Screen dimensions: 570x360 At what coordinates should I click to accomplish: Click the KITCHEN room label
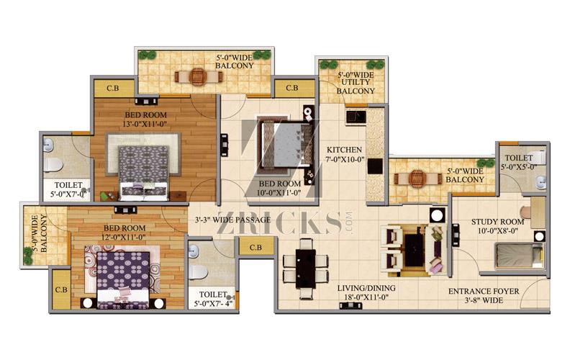click(344, 150)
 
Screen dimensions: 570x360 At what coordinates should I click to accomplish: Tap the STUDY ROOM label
click(497, 222)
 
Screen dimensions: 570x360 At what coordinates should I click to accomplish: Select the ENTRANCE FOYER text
click(484, 292)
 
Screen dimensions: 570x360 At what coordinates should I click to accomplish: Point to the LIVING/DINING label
click(366, 288)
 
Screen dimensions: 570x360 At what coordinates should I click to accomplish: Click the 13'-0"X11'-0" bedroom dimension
click(145, 124)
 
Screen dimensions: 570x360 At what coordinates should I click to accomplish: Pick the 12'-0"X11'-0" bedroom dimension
click(125, 237)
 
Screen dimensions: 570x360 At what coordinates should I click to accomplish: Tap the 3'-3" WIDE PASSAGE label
click(232, 220)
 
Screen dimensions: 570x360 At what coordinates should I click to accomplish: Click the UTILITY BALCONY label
click(355, 86)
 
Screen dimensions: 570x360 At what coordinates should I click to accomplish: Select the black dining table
click(305, 269)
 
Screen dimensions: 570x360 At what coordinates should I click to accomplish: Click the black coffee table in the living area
click(415, 250)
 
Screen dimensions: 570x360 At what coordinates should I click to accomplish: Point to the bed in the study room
click(520, 256)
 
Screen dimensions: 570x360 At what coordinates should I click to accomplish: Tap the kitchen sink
click(356, 117)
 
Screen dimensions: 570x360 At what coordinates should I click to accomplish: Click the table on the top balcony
click(198, 77)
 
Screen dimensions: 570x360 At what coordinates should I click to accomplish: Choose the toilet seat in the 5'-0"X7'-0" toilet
click(53, 165)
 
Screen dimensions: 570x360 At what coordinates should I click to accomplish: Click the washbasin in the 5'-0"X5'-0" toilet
click(541, 183)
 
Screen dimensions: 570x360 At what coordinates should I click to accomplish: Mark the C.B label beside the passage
click(255, 247)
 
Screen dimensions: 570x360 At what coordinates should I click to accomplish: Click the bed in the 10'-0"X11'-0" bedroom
click(286, 145)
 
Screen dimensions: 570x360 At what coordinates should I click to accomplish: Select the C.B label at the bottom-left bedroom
click(61, 290)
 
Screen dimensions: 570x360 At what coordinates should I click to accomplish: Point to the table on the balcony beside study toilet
click(417, 178)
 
